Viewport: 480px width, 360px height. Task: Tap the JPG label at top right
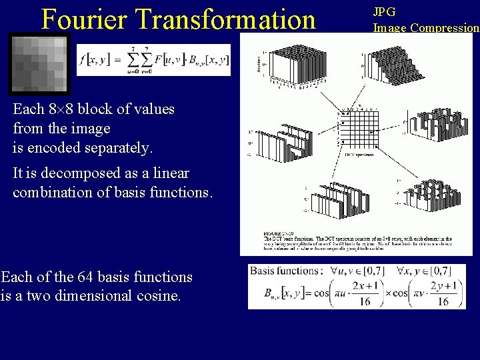(384, 11)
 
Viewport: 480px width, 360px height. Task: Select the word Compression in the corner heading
(445, 28)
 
